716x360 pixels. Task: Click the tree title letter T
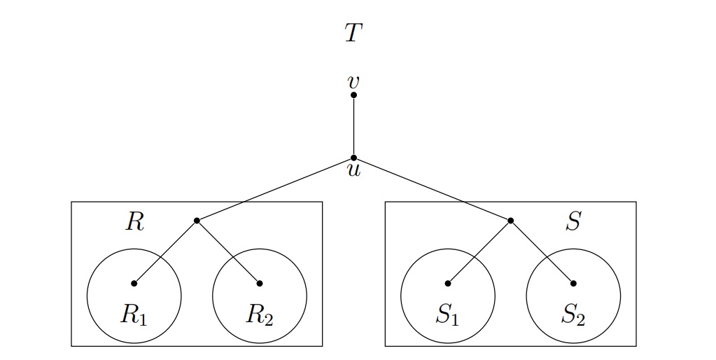[353, 33]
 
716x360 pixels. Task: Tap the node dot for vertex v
[353, 95]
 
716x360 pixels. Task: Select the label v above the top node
[353, 81]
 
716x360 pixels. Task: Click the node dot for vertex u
[353, 158]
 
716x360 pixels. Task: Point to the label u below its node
[353, 170]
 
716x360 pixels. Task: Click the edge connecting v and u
[353, 126]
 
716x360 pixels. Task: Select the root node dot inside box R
[197, 221]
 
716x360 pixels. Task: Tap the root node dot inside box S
[510, 221]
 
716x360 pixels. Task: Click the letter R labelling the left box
[134, 222]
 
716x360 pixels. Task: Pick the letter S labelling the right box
[573, 222]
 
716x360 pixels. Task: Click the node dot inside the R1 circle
[134, 284]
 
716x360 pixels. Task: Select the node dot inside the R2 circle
[260, 284]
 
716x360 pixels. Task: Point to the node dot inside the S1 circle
[447, 284]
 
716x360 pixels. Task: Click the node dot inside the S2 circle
[573, 284]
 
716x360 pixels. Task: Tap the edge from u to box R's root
[275, 189]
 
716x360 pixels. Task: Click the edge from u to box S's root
[432, 189]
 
